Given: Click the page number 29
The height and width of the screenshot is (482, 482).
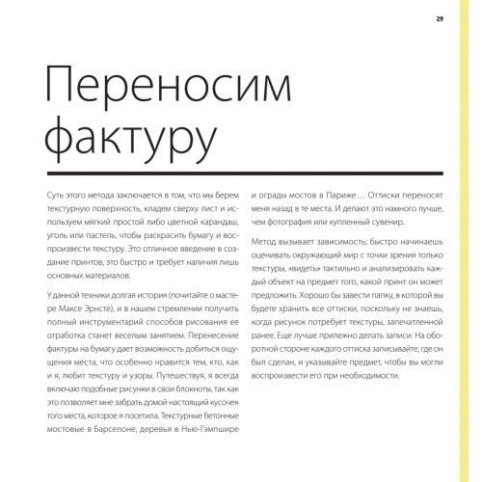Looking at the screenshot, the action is [x=440, y=18].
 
